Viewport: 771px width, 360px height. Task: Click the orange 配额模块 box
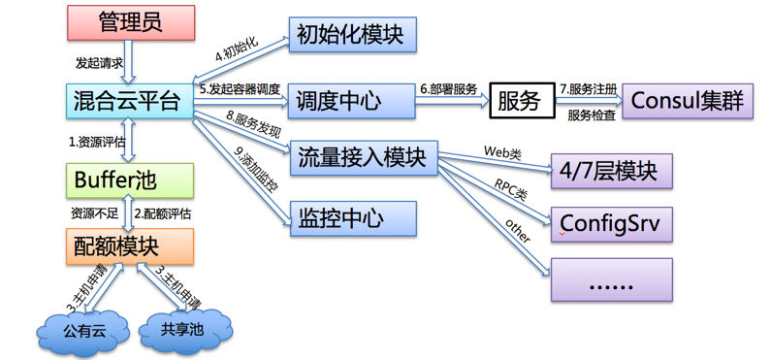click(130, 248)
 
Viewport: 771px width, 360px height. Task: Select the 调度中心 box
click(352, 99)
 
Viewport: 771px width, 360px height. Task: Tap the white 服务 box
click(520, 100)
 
